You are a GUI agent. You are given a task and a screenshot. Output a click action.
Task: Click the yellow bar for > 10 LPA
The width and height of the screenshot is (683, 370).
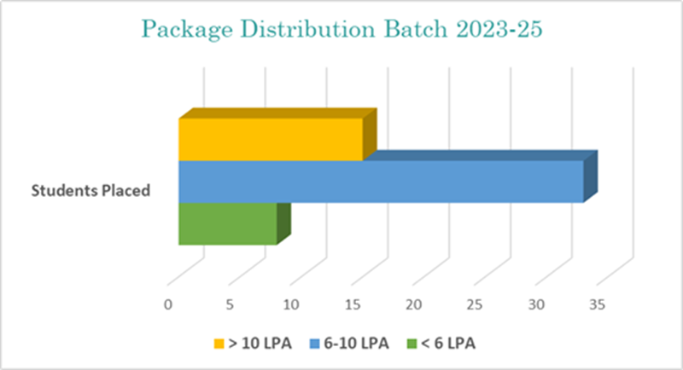tap(271, 139)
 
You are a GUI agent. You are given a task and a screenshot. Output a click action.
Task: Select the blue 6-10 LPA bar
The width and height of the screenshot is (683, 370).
tap(381, 181)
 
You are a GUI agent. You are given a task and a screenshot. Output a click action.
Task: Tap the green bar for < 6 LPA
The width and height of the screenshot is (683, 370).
tap(228, 223)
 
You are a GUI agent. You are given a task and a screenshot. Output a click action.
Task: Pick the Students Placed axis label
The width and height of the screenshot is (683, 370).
tap(90, 190)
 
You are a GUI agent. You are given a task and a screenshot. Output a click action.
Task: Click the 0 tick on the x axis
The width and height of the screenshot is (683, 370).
tap(169, 304)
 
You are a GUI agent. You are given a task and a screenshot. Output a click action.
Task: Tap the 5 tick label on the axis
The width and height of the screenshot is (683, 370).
tap(231, 304)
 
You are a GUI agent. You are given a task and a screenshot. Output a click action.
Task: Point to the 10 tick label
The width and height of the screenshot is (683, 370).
tap(291, 304)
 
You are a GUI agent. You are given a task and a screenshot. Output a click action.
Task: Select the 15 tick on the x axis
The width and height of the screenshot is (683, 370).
tap(353, 304)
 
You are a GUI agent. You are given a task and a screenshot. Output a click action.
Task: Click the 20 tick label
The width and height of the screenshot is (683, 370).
tap(414, 304)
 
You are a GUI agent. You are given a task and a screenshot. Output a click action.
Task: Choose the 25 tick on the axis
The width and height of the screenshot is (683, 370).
tap(475, 304)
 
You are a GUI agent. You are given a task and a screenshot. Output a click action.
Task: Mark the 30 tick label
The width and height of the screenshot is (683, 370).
tap(536, 304)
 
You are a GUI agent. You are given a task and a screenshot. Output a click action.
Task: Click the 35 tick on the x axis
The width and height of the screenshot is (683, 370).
tap(597, 304)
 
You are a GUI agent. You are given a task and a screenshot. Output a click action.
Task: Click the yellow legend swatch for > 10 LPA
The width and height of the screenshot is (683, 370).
tap(219, 344)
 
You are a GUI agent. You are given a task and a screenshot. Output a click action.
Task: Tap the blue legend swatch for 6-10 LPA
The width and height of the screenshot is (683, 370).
tap(315, 344)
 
